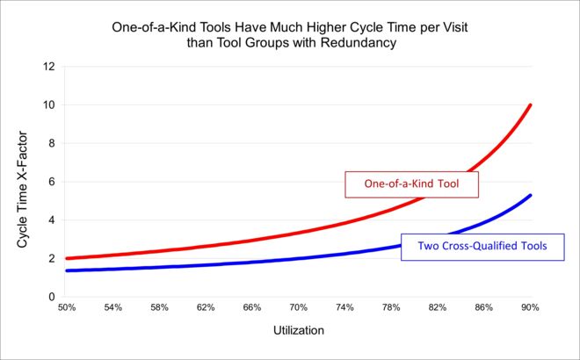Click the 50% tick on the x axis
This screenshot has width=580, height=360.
tap(67, 309)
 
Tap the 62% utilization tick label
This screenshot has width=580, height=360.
tap(206, 309)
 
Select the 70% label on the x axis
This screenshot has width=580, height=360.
tap(299, 309)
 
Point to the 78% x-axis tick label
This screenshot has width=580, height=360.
tap(391, 309)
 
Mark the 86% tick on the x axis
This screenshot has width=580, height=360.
tap(483, 309)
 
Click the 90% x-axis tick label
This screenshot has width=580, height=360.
tap(530, 309)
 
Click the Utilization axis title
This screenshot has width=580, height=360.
tap(298, 333)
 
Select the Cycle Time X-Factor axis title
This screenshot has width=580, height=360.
tap(23, 182)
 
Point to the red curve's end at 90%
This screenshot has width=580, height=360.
tap(530, 106)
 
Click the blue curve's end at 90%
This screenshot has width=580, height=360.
tap(530, 196)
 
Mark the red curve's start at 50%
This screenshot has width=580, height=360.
tap(68, 258)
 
